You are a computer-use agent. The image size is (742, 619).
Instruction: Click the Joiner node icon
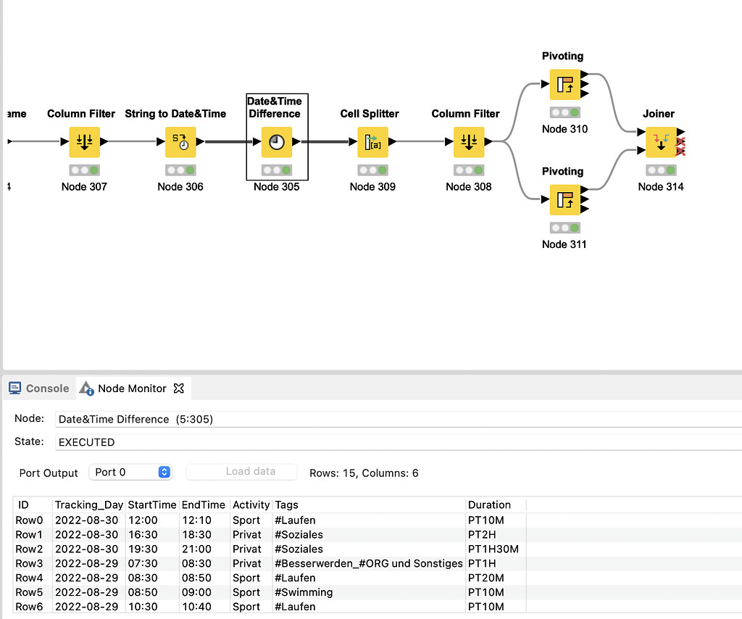[660, 142]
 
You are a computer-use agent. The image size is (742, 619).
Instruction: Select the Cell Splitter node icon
[372, 142]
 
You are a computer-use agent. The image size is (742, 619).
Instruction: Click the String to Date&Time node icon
[180, 142]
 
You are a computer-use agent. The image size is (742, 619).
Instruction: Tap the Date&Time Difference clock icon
[276, 142]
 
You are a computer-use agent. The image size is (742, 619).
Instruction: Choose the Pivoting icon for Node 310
[564, 85]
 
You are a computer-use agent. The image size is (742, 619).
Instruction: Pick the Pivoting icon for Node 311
[564, 200]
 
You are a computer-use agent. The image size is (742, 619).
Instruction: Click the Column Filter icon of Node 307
[84, 142]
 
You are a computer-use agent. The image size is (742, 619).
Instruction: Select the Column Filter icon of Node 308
[469, 142]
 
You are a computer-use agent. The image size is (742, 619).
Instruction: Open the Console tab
[40, 389]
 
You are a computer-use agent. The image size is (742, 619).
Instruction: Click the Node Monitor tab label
[132, 389]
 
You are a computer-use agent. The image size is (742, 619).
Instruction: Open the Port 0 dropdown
[130, 472]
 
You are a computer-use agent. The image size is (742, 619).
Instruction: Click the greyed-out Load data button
[241, 471]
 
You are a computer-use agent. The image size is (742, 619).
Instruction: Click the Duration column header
[489, 504]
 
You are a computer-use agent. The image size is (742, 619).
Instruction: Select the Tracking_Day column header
[88, 504]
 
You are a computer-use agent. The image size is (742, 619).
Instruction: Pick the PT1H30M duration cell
[493, 549]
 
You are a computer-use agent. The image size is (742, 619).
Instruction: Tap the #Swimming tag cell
[304, 592]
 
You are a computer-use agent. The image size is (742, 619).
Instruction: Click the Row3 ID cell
[28, 563]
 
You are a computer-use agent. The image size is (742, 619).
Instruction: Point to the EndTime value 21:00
[196, 549]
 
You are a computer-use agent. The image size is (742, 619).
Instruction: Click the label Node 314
[660, 186]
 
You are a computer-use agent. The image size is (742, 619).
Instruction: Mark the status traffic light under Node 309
[372, 170]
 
